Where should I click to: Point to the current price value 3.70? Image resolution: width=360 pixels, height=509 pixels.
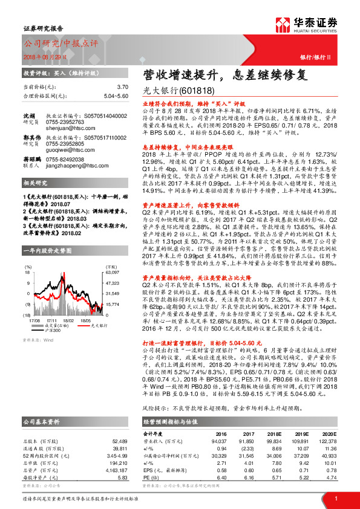click(x=122, y=87)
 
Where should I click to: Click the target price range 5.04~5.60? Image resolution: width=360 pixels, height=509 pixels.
click(x=115, y=96)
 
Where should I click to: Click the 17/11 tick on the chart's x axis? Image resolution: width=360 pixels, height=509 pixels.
click(x=51, y=321)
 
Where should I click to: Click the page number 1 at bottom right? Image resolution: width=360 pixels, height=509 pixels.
click(x=335, y=498)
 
